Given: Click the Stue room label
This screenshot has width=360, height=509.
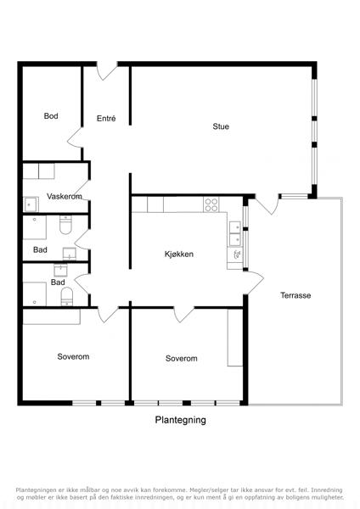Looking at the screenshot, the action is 221,126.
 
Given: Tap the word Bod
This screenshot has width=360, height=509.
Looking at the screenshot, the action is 51,116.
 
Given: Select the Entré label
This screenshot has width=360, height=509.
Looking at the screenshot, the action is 106,119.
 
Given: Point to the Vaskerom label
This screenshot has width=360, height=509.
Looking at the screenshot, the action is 65,197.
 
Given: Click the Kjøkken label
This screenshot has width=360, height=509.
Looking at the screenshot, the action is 179,254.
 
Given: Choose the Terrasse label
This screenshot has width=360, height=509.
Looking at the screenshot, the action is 295,295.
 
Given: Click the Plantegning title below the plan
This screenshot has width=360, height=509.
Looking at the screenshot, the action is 180,420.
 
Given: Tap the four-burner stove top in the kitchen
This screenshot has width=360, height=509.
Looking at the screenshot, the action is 211,204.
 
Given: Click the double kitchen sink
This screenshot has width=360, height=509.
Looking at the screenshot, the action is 235,234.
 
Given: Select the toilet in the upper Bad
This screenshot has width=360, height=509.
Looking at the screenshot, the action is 65,225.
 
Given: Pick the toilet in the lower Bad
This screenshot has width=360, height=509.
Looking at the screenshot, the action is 67,296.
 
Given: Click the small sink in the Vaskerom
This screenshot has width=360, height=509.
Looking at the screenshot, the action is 31,204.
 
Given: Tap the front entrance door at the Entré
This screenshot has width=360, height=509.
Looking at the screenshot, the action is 107,70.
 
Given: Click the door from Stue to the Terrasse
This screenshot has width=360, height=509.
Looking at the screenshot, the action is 267,204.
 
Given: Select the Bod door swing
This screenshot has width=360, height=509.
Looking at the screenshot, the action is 75,141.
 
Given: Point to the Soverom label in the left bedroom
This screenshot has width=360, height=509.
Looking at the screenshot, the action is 73,356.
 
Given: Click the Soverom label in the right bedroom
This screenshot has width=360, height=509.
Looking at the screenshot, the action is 182,358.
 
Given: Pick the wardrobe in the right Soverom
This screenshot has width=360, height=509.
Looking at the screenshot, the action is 235,338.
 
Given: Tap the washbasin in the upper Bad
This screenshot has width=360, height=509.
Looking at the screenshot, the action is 70,254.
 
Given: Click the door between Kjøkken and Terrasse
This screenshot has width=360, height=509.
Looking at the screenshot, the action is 254,282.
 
